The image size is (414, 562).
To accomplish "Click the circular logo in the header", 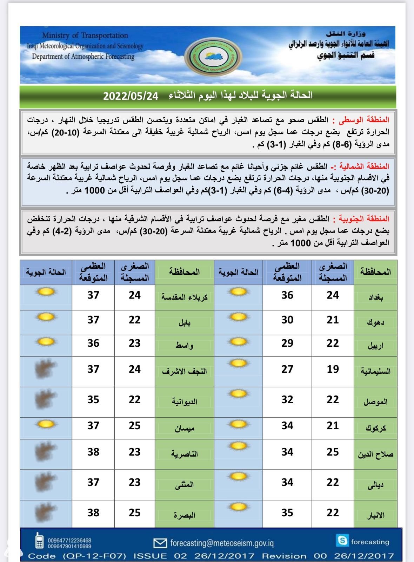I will (213, 57).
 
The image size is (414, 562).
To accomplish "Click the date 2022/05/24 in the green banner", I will (131, 96).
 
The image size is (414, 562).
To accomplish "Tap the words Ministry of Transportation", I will (85, 35).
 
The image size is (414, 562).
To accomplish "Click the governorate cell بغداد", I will (375, 297).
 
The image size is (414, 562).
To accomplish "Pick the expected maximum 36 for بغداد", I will (287, 295).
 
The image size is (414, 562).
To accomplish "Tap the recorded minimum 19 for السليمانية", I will (333, 369).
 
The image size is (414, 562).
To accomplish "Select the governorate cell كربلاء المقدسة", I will (184, 297).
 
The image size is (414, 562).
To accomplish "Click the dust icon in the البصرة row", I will (45, 513).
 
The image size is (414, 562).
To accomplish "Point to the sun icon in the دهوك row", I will (238, 317).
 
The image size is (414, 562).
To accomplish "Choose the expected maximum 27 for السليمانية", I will (287, 369).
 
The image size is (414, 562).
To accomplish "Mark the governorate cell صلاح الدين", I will (375, 454).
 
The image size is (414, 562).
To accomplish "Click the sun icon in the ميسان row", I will (46, 424).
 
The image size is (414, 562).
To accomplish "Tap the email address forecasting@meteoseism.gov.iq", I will (222, 543).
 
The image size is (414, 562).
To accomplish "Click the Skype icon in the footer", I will (342, 540).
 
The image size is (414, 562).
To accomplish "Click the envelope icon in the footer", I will (160, 543).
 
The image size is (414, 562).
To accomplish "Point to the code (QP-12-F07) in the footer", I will (94, 556).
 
